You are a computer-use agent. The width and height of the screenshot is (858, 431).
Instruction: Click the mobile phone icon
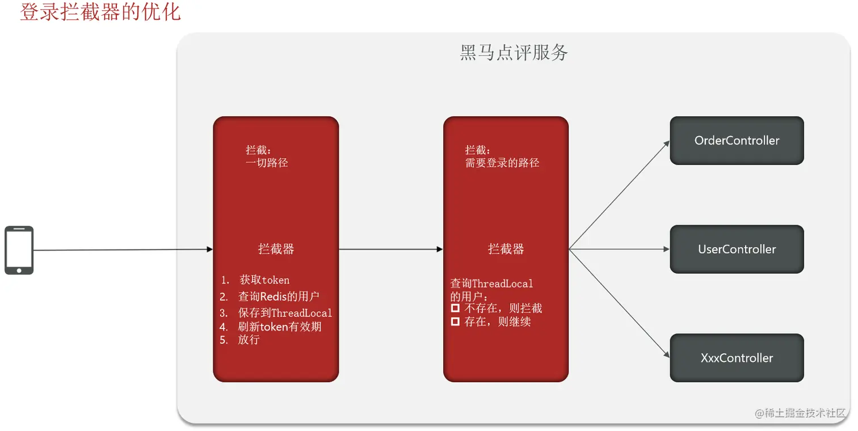tap(19, 250)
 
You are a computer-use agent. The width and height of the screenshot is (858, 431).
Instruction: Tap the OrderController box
tap(737, 141)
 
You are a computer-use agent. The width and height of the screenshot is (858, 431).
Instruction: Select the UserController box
tap(737, 250)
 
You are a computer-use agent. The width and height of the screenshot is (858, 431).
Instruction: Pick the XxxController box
tap(737, 358)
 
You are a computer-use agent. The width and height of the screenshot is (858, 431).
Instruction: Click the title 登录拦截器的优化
tap(100, 11)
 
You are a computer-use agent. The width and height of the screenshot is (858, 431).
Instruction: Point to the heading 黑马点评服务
tap(514, 53)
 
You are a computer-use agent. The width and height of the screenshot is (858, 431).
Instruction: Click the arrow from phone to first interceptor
tap(122, 250)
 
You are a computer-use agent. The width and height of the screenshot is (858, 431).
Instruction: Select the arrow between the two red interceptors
tap(390, 249)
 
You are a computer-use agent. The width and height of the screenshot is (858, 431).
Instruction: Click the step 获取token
tap(264, 280)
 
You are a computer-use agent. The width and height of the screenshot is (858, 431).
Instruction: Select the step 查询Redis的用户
tap(279, 297)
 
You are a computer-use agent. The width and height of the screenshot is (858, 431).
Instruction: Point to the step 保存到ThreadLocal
tap(285, 313)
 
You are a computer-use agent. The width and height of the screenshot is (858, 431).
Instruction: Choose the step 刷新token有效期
tap(280, 327)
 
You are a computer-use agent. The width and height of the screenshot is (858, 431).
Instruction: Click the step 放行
tap(249, 340)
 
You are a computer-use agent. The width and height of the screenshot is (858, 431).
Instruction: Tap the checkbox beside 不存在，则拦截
tap(455, 309)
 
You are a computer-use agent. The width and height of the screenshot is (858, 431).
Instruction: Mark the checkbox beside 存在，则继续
tap(455, 322)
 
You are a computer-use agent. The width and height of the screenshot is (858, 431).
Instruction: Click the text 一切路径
tap(267, 163)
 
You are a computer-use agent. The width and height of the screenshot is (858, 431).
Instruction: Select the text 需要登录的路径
tap(502, 163)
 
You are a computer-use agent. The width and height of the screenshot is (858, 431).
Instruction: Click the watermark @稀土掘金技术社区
tap(800, 413)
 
